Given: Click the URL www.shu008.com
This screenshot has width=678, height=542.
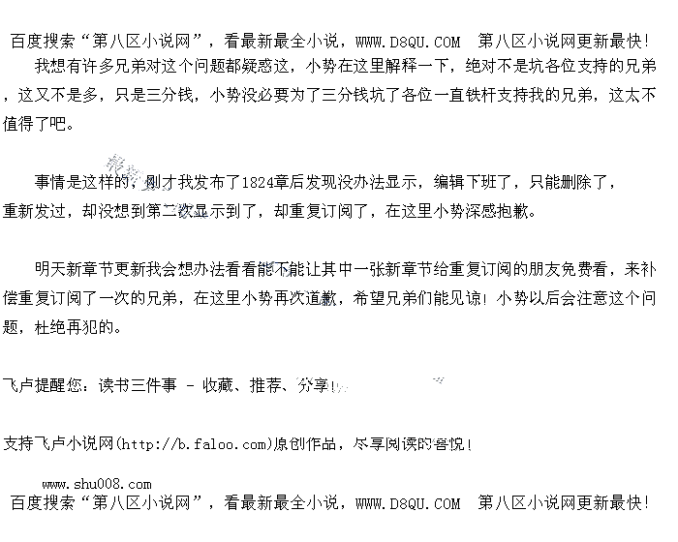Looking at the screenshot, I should click(96, 484).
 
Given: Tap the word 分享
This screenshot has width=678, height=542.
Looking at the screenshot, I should click(313, 385).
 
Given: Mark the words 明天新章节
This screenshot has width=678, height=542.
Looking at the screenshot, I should click(76, 268).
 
